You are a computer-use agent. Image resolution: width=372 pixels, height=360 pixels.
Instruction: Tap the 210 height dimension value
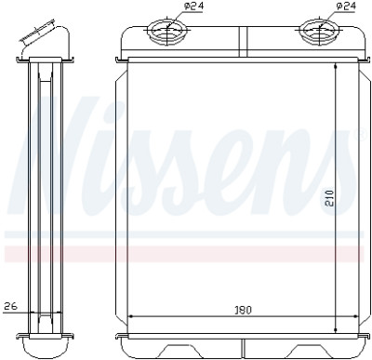pyautogui.click(x=329, y=197)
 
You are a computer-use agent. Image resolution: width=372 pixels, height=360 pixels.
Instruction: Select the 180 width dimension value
pyautogui.click(x=243, y=310)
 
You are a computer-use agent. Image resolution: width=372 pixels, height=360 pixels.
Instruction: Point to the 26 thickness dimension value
pyautogui.click(x=11, y=306)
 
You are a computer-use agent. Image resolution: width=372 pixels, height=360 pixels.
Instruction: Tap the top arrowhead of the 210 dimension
pyautogui.click(x=336, y=66)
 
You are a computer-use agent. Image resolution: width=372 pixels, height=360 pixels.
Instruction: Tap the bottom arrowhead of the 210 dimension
pyautogui.click(x=336, y=331)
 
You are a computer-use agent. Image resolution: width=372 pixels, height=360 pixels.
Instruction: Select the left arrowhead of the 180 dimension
pyautogui.click(x=131, y=316)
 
